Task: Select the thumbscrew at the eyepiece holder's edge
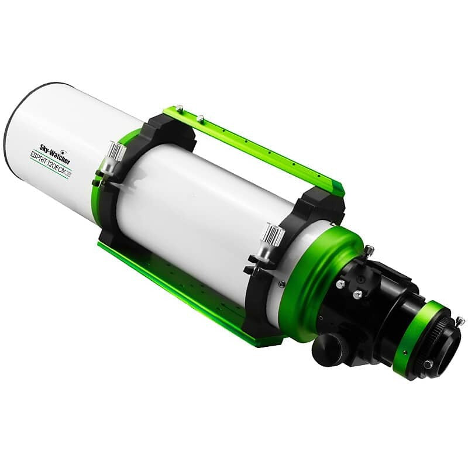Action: tap(460, 320)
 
